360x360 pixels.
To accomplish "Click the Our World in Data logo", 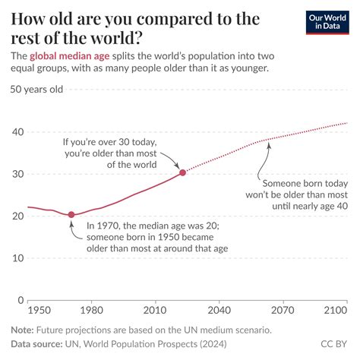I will coord(328,22).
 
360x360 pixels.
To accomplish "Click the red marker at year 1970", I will coord(71,215).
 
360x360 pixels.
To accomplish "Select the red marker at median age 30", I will coord(182,172).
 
